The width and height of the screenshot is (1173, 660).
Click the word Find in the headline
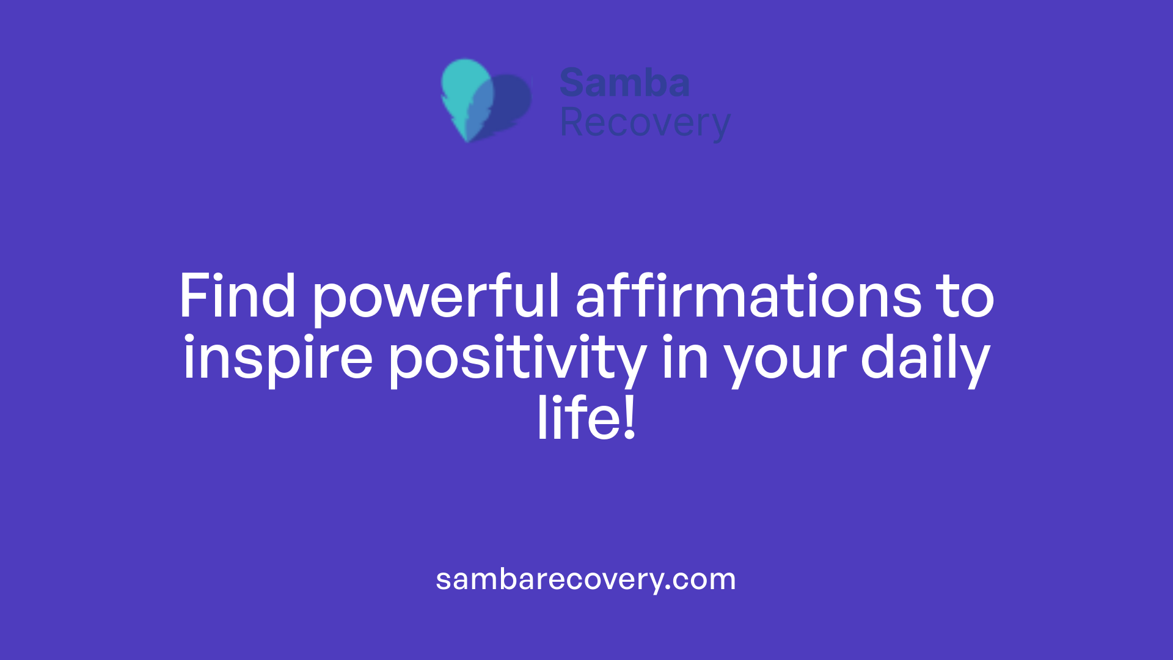pos(237,297)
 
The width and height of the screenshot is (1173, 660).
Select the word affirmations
pos(748,297)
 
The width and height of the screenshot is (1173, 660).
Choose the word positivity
pos(517,359)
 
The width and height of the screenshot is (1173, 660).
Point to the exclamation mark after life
pos(630,418)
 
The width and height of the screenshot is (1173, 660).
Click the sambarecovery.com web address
pos(585,579)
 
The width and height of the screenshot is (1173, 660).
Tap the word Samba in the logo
pos(624,83)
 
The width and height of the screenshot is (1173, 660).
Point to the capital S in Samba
pos(573,83)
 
